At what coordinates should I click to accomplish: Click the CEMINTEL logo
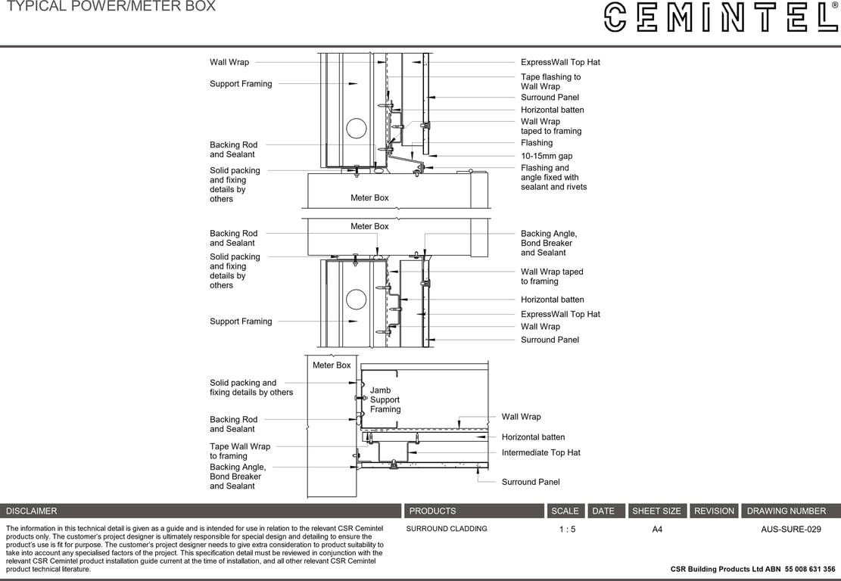[x=720, y=17]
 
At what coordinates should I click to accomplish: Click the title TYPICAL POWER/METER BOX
[x=111, y=7]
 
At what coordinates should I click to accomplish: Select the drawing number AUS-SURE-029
[x=790, y=530]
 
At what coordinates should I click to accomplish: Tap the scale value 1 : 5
[x=567, y=530]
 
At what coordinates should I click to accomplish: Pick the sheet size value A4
[x=657, y=530]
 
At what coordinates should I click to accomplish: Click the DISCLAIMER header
[x=32, y=511]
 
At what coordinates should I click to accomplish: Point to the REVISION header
[x=714, y=511]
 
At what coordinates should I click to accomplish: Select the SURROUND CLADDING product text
[x=447, y=529]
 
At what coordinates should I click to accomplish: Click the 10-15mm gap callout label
[x=547, y=156]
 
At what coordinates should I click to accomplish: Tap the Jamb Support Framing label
[x=385, y=400]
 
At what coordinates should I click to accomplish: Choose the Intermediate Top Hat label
[x=540, y=452]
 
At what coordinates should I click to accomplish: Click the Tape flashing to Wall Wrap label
[x=550, y=82]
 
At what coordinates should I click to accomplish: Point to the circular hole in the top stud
[x=357, y=129]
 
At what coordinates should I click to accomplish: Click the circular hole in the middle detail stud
[x=357, y=300]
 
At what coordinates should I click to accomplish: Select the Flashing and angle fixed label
[x=553, y=178]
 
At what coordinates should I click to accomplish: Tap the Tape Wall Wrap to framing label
[x=240, y=452]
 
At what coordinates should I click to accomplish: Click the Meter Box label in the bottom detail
[x=332, y=365]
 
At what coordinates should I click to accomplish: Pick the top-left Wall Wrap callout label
[x=229, y=62]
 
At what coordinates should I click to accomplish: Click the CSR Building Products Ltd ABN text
[x=752, y=570]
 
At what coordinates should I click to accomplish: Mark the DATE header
[x=603, y=511]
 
